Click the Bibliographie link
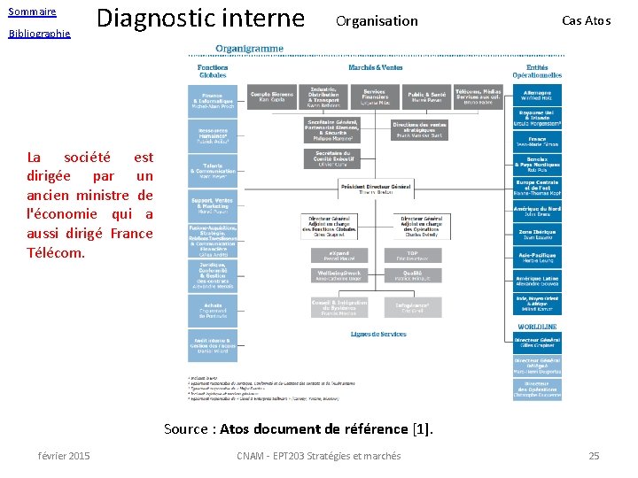click(39, 34)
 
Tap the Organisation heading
click(377, 20)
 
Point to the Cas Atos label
click(586, 20)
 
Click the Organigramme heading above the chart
click(249, 49)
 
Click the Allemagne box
click(537, 95)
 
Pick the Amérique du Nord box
click(537, 211)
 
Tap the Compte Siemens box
click(271, 96)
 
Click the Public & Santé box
click(426, 96)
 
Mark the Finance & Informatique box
click(212, 103)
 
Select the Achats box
click(212, 309)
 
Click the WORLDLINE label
click(538, 326)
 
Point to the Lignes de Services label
click(378, 335)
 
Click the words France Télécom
click(90, 243)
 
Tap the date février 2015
click(64, 456)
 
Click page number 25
click(594, 456)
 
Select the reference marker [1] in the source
click(422, 429)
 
